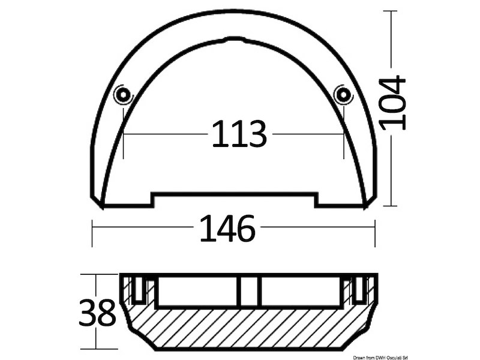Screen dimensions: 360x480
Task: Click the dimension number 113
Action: click(239, 134)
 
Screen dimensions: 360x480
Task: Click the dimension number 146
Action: click(227, 229)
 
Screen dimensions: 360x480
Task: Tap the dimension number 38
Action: click(97, 312)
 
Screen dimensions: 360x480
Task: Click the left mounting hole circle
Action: click(123, 94)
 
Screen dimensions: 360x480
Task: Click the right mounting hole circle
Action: click(343, 94)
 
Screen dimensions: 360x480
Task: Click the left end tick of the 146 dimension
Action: click(92, 233)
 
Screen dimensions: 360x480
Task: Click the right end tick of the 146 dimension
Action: click(375, 233)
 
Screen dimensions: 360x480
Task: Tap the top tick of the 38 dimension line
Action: click(96, 274)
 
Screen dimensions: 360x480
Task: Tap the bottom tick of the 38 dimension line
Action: click(96, 349)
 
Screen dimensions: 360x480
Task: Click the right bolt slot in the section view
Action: click(359, 289)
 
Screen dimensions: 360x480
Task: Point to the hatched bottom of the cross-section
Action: click(249, 330)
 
